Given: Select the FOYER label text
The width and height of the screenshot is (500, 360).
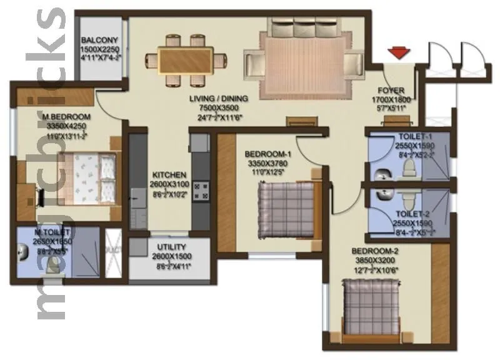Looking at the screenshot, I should coord(392,90).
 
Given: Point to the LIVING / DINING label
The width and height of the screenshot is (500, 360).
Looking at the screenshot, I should coord(219,98).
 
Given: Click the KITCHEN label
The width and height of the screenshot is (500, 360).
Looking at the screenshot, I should coord(167,174).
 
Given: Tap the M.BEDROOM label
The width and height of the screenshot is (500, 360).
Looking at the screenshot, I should coord(66,117).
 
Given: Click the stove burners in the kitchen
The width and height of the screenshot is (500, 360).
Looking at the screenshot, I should coord(201,190).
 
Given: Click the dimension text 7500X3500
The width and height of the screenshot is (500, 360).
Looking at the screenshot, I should coord(219,107).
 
